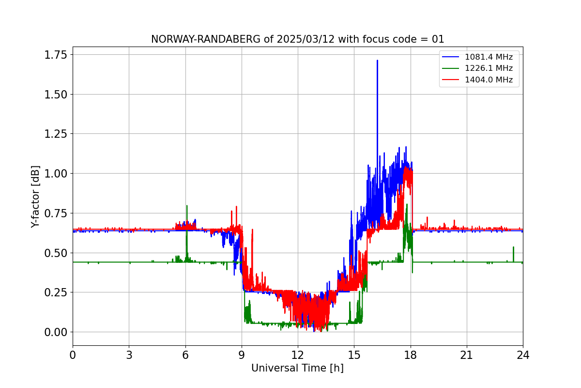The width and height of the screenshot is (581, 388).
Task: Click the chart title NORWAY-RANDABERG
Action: pos(206,39)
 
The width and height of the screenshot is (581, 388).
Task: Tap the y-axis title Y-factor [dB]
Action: pos(35,197)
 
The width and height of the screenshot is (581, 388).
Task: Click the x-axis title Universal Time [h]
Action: pos(297,368)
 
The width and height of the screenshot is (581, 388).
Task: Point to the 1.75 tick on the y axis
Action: pos(56,55)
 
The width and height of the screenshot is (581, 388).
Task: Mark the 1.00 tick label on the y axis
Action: pos(56,174)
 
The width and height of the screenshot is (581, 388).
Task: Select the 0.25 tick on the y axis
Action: pos(56,292)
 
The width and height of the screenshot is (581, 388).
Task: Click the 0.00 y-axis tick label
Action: pos(56,332)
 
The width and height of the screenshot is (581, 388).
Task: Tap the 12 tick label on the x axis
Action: pos(298,355)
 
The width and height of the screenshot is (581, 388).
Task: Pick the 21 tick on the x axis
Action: pos(467,355)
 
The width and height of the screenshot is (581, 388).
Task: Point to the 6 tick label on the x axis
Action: pos(185,355)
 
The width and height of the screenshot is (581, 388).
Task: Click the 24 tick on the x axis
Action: pos(523,355)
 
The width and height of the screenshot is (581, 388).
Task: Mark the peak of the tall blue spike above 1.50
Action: pos(377,60)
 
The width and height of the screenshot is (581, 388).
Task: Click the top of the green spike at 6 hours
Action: pos(187,206)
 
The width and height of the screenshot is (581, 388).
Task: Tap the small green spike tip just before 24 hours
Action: pos(513,247)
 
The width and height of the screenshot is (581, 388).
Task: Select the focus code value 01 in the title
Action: pos(438,39)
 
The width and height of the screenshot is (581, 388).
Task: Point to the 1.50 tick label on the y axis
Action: pos(56,95)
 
